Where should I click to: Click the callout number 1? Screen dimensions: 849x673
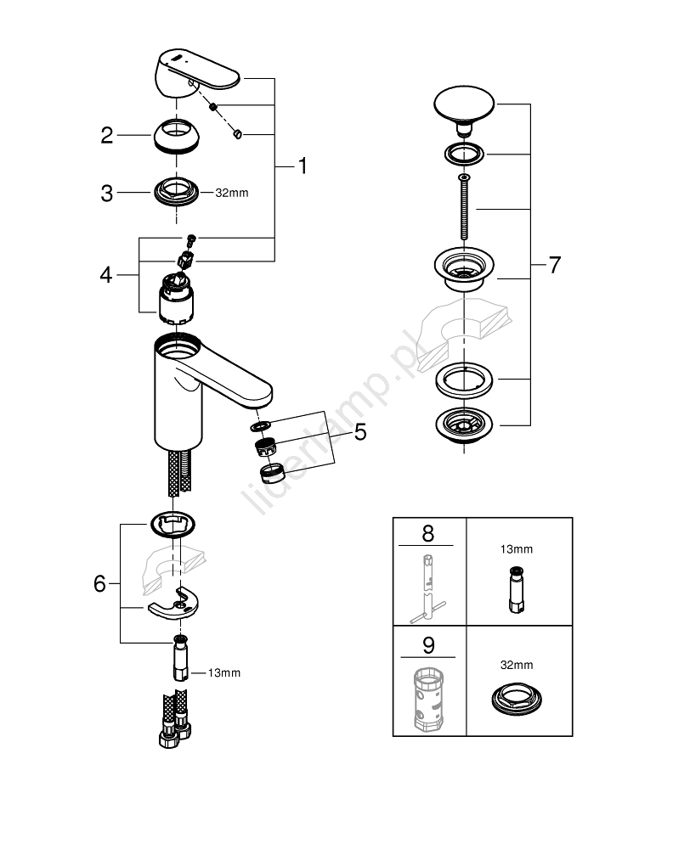click(x=302, y=166)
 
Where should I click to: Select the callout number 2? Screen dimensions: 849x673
click(x=107, y=135)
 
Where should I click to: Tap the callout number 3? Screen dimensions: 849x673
click(x=107, y=194)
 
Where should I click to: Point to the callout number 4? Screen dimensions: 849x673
click(x=105, y=274)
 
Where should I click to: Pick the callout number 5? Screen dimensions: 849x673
click(x=359, y=433)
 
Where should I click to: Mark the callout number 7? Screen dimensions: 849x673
click(x=554, y=265)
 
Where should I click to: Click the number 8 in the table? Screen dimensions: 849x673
click(x=427, y=533)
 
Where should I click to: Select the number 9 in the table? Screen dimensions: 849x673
click(x=427, y=645)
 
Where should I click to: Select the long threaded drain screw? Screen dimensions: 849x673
click(x=464, y=208)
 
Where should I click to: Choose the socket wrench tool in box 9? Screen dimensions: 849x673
click(x=427, y=698)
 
